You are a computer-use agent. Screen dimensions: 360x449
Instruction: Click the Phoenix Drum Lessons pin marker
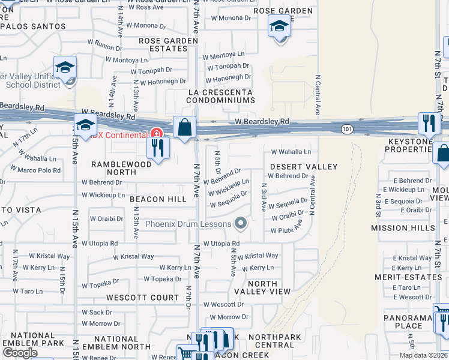click(x=241, y=224)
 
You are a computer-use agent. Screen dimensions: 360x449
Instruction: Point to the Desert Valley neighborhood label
click(x=303, y=166)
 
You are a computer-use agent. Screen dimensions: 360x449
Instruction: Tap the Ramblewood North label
click(x=122, y=168)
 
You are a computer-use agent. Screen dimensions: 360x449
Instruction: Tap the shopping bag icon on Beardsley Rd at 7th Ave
click(x=185, y=128)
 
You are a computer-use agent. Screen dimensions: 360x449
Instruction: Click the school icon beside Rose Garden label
click(x=279, y=27)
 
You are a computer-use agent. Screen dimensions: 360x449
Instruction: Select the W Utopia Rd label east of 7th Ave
click(x=221, y=244)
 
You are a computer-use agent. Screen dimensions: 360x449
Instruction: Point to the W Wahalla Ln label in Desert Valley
click(x=291, y=152)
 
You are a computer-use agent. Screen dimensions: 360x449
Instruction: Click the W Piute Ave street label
click(x=286, y=230)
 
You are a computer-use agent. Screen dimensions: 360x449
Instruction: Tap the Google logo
click(x=20, y=352)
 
